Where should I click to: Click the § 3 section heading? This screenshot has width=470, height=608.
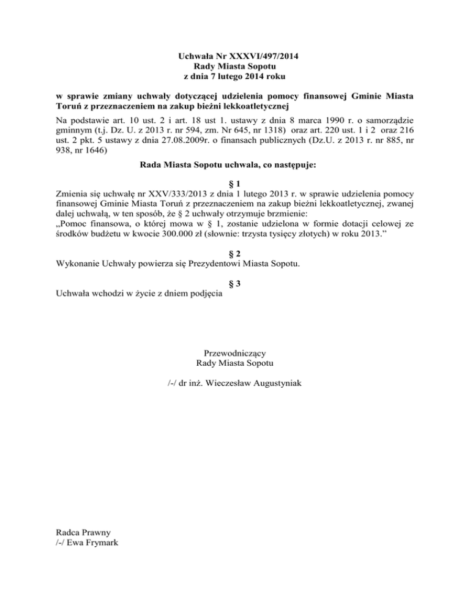[x=235, y=283]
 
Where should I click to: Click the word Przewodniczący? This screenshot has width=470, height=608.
[x=234, y=352]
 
